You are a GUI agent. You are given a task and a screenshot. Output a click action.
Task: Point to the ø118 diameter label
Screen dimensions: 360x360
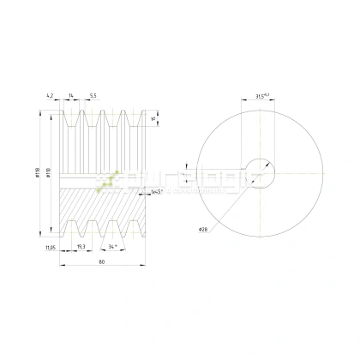(x=39, y=176)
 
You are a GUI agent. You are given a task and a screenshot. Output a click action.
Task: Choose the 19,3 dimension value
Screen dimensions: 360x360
(x=80, y=246)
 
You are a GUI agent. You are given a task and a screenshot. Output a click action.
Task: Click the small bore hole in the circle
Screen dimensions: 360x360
(x=261, y=172)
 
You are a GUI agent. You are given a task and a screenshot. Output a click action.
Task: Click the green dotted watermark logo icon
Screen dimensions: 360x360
(x=109, y=179)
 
